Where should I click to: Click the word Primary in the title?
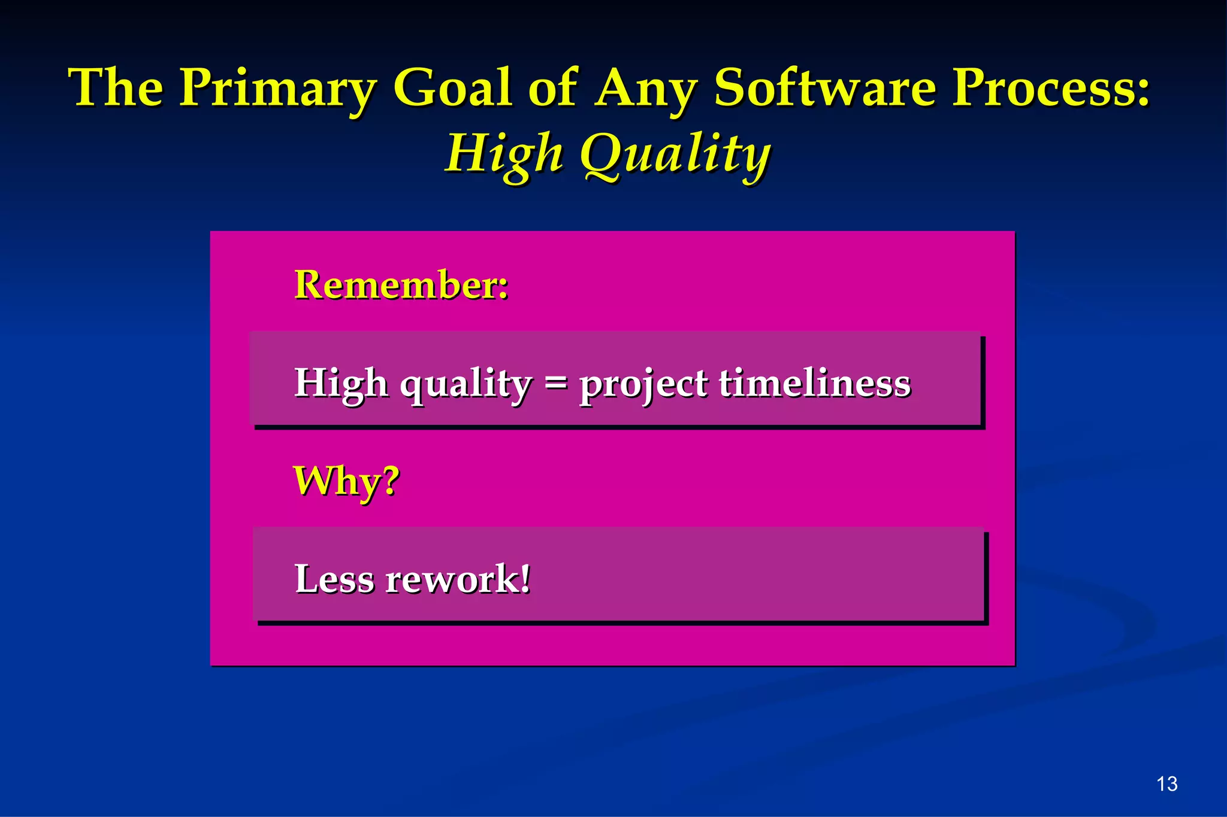[277, 89]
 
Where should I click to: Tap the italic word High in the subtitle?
[504, 154]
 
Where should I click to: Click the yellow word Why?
[346, 481]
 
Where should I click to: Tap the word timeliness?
[814, 382]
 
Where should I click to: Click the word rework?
[458, 579]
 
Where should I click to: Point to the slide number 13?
[1166, 783]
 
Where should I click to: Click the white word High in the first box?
[340, 384]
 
